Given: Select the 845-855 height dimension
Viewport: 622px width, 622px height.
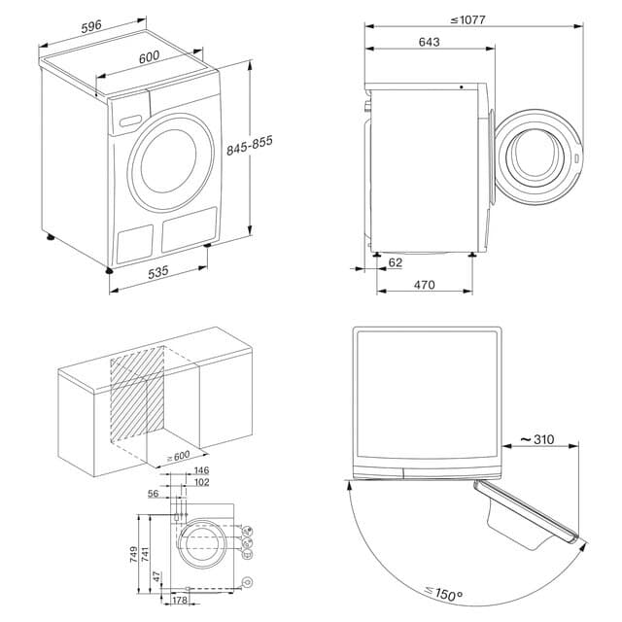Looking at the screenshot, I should coord(250,146).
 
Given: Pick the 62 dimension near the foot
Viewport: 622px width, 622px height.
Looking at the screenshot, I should coord(394,261).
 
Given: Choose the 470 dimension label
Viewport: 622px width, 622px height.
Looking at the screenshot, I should coord(423,285).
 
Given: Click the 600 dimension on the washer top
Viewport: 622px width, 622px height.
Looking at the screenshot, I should coord(148,57).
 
